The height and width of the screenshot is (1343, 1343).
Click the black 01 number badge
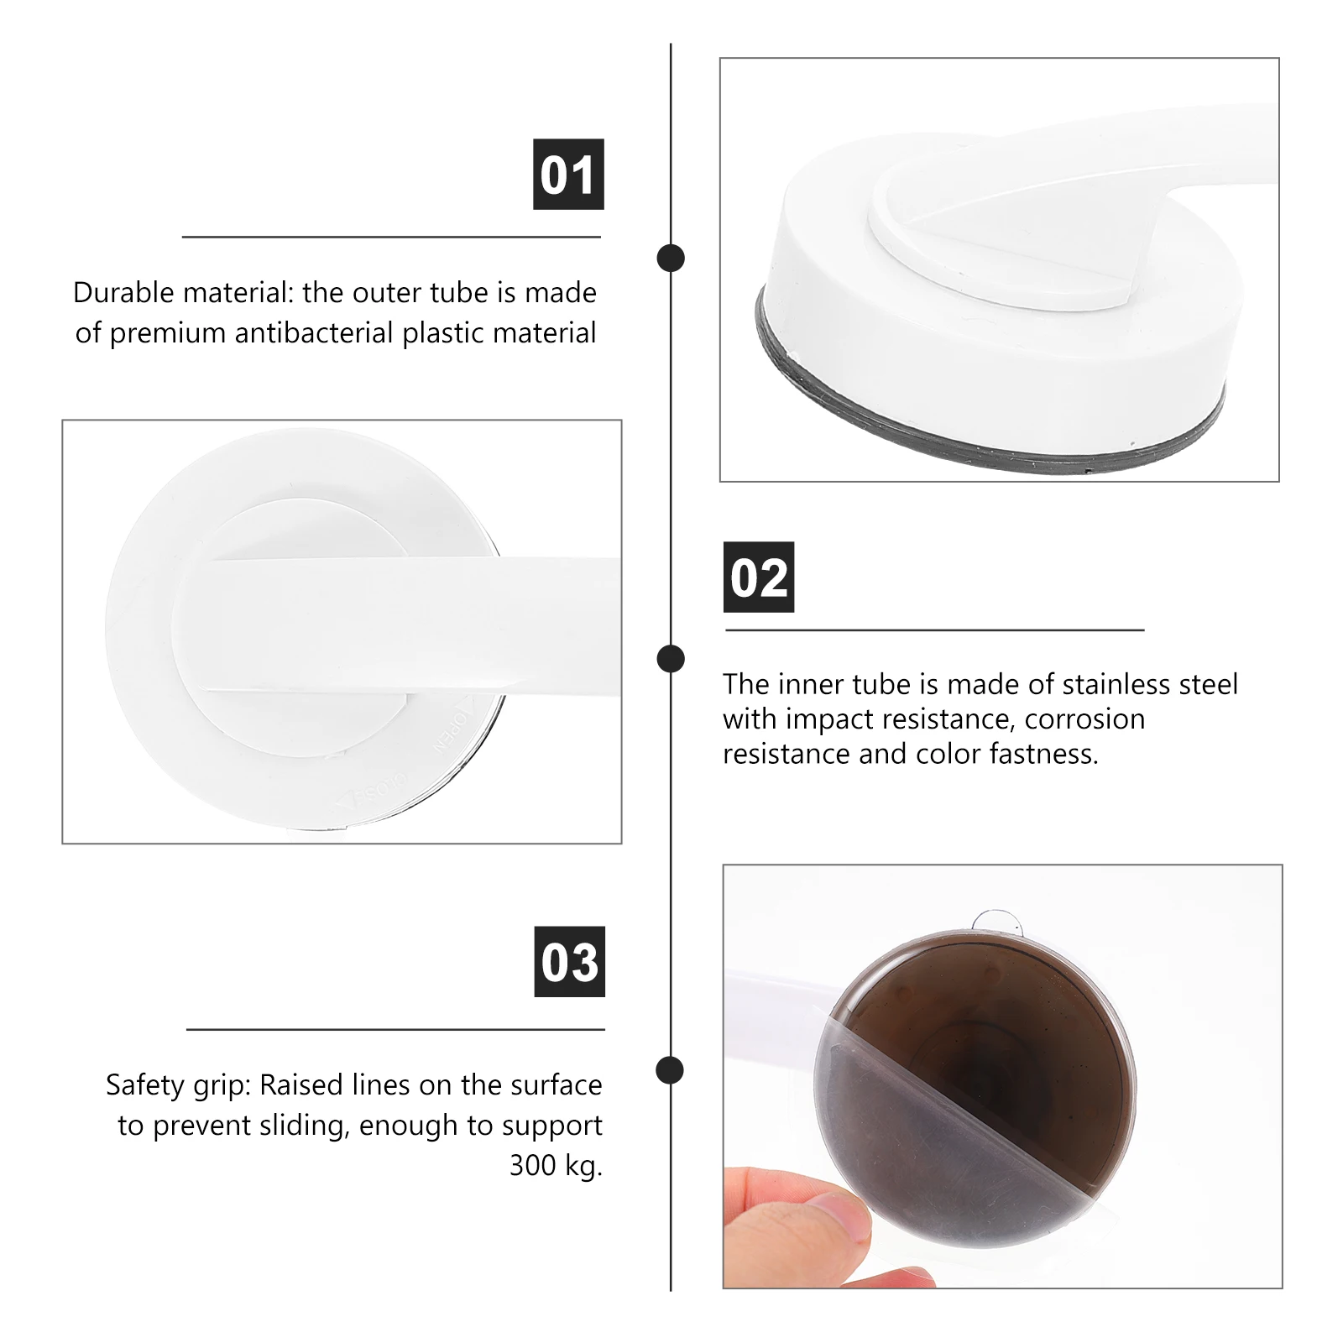(568, 175)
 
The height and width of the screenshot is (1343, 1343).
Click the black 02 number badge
(759, 577)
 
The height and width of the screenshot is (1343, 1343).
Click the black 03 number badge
(570, 962)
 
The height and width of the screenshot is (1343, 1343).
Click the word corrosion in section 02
(1084, 719)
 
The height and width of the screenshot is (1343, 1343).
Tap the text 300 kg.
(556, 1165)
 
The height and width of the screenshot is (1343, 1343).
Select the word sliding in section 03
(304, 1126)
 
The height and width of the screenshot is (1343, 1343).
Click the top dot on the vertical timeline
(671, 259)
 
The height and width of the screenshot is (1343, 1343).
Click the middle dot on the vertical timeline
(671, 659)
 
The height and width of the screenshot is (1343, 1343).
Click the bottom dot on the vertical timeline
(669, 1070)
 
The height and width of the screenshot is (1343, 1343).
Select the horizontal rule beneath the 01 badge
(391, 238)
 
